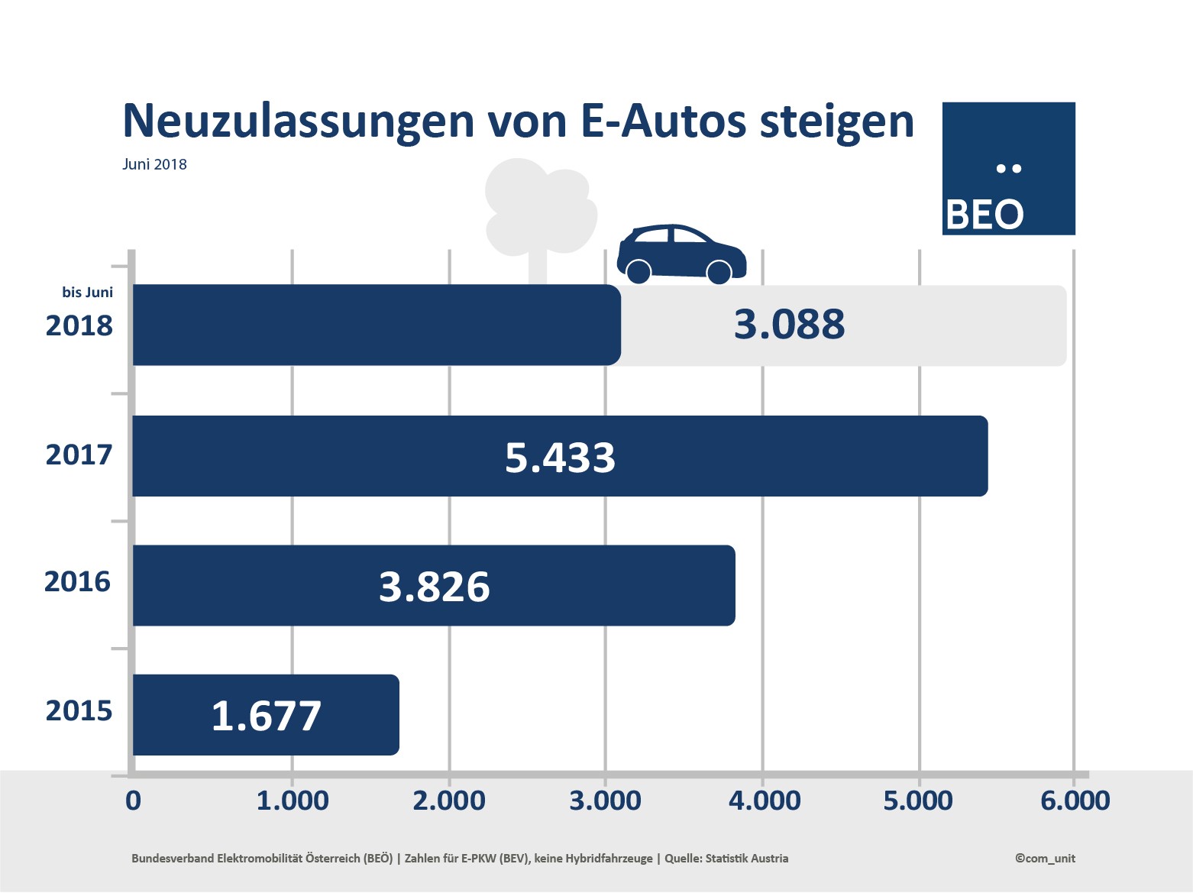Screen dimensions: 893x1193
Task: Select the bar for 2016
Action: point(611,585)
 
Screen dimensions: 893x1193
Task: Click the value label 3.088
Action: point(789,325)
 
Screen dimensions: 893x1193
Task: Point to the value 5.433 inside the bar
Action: point(560,458)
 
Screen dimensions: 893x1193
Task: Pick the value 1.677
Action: point(266,717)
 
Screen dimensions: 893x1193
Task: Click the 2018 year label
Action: point(79,326)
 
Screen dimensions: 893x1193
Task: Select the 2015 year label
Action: point(79,711)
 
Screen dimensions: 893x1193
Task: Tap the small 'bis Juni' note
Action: point(87,293)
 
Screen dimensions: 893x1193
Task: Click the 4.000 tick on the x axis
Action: point(764,801)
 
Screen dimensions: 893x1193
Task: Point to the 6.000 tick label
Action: point(1075,801)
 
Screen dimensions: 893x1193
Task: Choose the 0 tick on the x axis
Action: point(133,801)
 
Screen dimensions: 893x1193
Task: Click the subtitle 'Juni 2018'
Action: point(154,164)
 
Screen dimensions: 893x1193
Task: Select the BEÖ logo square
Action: point(1008,168)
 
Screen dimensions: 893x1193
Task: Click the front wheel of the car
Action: point(719,272)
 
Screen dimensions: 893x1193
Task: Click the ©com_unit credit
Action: point(1045,858)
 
